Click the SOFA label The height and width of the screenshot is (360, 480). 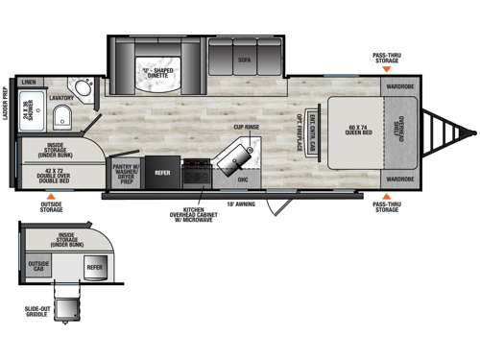pos(246,57)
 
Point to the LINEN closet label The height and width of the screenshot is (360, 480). pos(30,83)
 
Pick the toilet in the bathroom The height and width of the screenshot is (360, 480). pos(61,119)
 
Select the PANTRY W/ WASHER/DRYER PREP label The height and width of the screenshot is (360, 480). pos(127,174)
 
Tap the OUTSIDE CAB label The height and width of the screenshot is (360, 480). pos(38,266)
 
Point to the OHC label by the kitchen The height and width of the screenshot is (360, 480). pos(243,179)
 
